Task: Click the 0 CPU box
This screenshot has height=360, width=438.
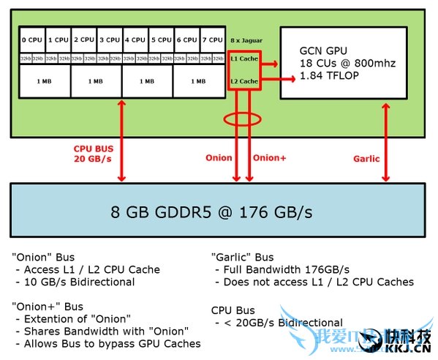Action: point(32,40)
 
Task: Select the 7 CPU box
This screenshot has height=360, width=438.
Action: point(212,40)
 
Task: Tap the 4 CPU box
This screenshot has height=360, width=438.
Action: point(135,40)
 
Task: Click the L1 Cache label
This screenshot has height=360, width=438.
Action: point(244,57)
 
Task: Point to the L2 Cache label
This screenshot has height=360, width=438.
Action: point(244,80)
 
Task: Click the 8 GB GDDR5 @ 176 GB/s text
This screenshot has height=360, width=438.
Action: point(211,212)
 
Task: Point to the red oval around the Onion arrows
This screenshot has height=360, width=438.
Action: point(244,119)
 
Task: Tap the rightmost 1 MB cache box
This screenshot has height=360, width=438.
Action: point(198,81)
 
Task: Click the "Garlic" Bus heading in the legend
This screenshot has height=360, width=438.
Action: point(243,257)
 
